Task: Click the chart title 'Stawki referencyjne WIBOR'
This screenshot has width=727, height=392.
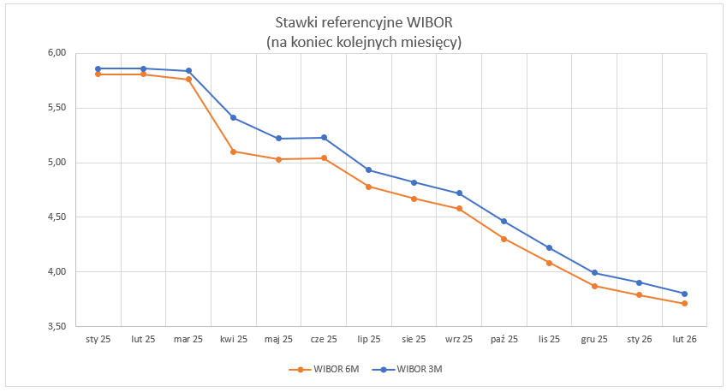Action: click(363, 21)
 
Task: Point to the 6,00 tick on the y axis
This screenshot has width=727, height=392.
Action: click(57, 53)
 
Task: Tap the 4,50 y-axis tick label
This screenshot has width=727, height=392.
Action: click(57, 217)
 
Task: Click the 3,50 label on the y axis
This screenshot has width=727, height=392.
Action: click(57, 327)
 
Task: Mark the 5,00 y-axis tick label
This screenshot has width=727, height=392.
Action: click(57, 163)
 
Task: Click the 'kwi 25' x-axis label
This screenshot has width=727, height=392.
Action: click(234, 340)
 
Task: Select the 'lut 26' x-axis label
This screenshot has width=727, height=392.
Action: click(684, 340)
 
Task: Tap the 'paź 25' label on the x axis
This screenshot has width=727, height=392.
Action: click(504, 340)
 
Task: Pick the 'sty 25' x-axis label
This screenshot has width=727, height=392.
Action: click(98, 340)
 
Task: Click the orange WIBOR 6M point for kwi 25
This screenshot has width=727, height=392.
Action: click(234, 151)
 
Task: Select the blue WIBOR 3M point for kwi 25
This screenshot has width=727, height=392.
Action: click(234, 118)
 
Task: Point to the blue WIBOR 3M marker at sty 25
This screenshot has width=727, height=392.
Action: click(98, 68)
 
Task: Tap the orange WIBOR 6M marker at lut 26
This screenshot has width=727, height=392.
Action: click(684, 304)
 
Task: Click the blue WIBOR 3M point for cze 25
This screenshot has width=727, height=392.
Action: click(324, 138)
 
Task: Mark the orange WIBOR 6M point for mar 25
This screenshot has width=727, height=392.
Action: click(188, 80)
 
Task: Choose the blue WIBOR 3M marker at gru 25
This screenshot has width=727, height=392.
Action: click(594, 273)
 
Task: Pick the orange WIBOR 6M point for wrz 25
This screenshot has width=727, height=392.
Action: click(459, 209)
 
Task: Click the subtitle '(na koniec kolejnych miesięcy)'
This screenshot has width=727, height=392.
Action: click(363, 41)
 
